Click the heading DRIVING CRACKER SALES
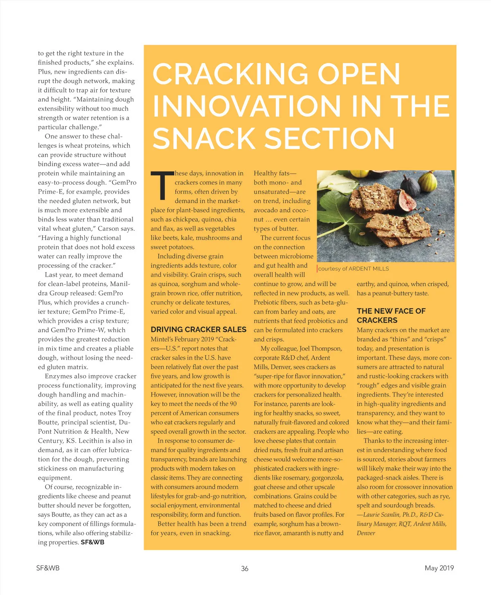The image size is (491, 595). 198,329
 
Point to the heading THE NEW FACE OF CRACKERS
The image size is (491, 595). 391,316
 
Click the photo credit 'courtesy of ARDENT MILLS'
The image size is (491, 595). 354,269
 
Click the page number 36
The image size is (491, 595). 245,568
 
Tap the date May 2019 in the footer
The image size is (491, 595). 439,568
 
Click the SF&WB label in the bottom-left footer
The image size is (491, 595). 48,568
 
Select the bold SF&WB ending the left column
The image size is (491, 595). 92,542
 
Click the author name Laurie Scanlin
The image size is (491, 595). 381,514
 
